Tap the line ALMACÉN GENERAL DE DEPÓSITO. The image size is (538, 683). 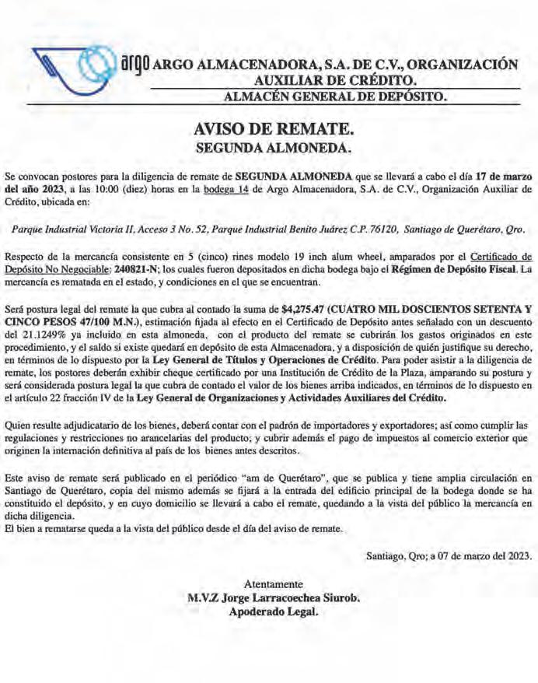pyautogui.click(x=335, y=97)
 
